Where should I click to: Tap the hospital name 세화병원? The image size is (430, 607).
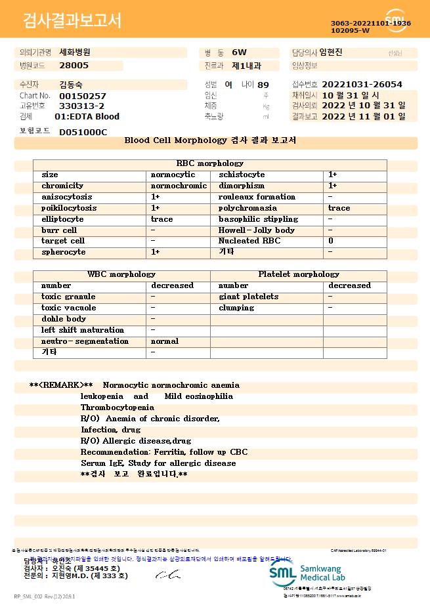[x=75, y=52]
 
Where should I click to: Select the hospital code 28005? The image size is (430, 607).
[x=74, y=66]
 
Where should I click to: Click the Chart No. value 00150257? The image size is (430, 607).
[x=83, y=96]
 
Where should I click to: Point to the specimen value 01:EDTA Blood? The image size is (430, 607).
[x=87, y=117]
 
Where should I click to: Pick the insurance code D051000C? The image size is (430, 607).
[x=83, y=132]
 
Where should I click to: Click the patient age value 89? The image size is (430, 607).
[x=263, y=85]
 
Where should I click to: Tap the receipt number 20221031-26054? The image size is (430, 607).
[x=362, y=85]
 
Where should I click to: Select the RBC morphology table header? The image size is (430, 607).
[x=209, y=163]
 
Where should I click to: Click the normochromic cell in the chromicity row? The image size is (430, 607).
[x=179, y=186]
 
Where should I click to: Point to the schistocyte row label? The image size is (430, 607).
[x=242, y=175]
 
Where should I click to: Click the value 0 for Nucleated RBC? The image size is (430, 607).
[x=331, y=241]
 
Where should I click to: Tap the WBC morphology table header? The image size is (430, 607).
[x=121, y=274]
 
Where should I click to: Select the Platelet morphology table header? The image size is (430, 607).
[x=299, y=274]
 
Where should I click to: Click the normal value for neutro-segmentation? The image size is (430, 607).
[x=165, y=341]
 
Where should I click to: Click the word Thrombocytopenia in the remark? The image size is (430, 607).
[x=118, y=408]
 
